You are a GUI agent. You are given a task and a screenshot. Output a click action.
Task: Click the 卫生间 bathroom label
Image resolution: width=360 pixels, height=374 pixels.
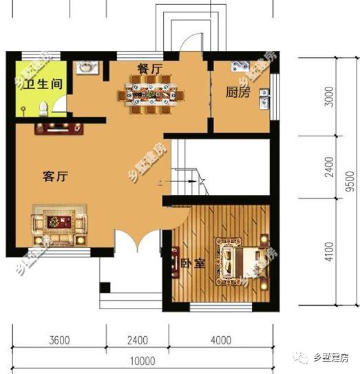click(43, 84)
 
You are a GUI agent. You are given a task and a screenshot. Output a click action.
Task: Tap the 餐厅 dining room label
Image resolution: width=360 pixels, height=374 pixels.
click(150, 69)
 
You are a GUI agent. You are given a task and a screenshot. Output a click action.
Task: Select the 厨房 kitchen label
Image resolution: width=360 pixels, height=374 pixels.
click(237, 92)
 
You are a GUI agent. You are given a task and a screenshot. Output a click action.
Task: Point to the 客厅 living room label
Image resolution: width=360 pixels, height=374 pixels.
click(55, 176)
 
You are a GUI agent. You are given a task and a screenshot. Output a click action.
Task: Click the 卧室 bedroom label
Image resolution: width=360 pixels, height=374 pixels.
click(193, 263)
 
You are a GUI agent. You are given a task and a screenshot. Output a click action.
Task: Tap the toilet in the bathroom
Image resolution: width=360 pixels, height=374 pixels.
click(43, 109)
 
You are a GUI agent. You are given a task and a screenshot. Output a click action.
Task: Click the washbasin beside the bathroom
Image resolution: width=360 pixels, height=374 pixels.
click(87, 67)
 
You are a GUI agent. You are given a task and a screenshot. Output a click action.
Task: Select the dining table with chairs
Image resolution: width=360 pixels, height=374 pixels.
click(151, 94)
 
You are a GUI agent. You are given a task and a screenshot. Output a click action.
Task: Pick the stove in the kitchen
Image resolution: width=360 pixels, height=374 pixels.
click(240, 66)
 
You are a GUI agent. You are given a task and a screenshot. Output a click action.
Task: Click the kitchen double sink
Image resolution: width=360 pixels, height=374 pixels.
click(264, 99)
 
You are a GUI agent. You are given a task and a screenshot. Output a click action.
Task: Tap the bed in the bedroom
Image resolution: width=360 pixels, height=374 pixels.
click(241, 262)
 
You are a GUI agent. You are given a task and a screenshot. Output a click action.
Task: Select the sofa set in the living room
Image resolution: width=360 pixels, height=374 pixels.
click(59, 225)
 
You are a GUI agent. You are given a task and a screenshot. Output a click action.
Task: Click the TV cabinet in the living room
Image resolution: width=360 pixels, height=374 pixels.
click(59, 129)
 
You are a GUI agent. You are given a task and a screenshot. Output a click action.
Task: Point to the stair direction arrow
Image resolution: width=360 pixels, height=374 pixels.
click(179, 182)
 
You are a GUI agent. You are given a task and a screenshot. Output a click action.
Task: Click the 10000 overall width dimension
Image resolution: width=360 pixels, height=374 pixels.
click(142, 361)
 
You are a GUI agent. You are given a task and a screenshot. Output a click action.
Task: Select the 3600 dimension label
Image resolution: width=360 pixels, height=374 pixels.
click(59, 340)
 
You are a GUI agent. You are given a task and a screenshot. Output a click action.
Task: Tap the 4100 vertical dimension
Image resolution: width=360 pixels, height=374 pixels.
click(329, 251)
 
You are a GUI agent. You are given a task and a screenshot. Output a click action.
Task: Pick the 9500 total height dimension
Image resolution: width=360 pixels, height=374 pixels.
click(350, 181)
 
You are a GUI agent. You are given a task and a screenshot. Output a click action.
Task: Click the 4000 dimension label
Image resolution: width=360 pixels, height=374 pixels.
click(221, 340)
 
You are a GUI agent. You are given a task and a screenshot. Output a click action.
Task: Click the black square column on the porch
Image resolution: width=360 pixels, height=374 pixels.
click(105, 287)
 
